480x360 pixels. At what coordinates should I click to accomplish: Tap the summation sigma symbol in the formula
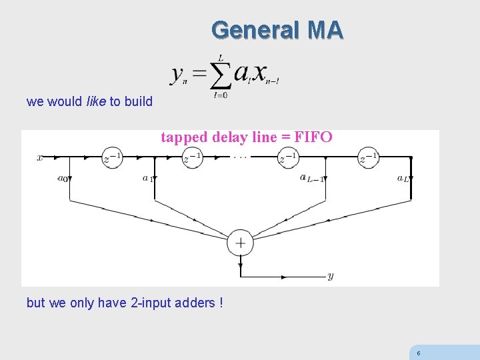[x=220, y=75]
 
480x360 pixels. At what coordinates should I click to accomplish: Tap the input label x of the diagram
[x=40, y=158]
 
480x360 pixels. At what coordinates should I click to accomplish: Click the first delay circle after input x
[x=112, y=158]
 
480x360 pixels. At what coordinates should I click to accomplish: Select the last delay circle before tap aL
[x=368, y=158]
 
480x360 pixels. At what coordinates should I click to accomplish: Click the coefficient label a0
[x=63, y=178]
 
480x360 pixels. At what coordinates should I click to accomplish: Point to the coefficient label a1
[x=147, y=178]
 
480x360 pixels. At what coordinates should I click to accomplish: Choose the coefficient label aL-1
[x=311, y=178]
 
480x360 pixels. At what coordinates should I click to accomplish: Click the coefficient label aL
[x=403, y=178]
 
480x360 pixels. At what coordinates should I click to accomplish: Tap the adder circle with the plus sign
[x=240, y=243]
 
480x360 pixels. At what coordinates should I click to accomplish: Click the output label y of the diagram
[x=330, y=275]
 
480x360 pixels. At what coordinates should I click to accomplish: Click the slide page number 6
[x=418, y=353]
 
